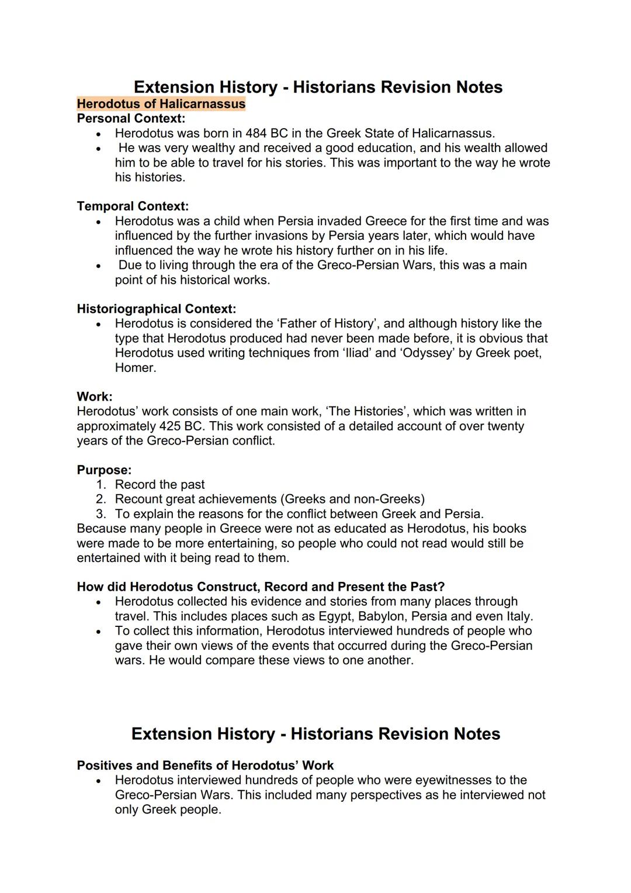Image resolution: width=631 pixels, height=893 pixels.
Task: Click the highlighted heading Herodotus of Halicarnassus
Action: [161, 104]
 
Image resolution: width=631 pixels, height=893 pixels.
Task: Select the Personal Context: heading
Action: [131, 119]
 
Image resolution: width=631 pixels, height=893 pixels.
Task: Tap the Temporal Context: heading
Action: [133, 206]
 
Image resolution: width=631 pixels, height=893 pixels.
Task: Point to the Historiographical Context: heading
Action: [156, 309]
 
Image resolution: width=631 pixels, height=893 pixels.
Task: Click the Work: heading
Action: [94, 396]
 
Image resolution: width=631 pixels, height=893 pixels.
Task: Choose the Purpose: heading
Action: [104, 470]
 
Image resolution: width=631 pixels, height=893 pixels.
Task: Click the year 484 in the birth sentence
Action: [256, 133]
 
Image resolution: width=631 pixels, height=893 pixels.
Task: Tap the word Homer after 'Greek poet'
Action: [135, 368]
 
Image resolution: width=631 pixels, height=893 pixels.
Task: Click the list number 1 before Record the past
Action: [101, 485]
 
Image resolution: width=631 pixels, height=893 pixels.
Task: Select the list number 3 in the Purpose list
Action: [101, 514]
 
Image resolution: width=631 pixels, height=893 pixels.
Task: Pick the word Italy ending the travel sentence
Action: [516, 616]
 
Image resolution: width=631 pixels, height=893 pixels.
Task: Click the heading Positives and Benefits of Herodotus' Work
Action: [205, 766]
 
